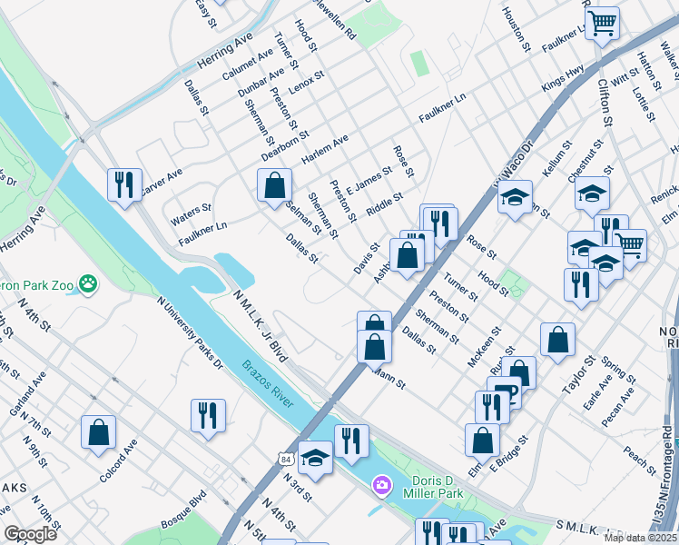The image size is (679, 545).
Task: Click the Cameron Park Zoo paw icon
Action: pos(87,284)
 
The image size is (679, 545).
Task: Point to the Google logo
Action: pos(30,534)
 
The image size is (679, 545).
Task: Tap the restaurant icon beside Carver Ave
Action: pos(123,184)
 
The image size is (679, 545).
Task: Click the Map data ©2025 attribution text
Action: pos(641,538)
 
